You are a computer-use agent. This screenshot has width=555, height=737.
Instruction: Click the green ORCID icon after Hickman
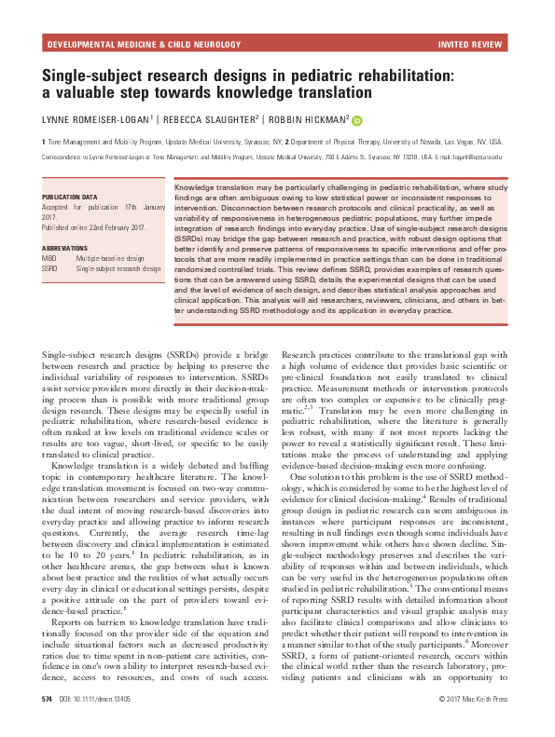coord(357,119)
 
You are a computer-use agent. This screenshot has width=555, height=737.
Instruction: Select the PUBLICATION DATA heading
coord(70,198)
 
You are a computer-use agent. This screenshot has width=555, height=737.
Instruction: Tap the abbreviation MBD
coord(50,259)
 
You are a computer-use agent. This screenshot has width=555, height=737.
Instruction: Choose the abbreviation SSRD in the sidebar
coord(51,268)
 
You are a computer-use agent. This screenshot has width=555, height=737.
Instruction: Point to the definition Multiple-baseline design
coord(111,259)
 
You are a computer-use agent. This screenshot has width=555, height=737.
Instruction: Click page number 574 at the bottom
coord(47,723)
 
